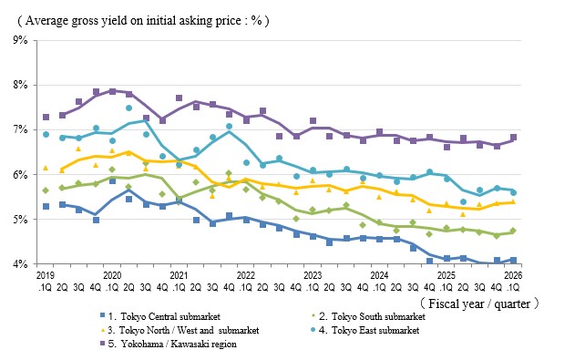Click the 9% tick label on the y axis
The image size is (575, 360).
pos(21,40)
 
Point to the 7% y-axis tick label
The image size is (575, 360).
pos(21,129)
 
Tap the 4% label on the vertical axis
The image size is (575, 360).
pos(21,264)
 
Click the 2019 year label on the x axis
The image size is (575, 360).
pos(45,275)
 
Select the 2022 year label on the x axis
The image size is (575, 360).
pos(246,275)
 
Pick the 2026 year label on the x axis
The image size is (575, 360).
pos(513,275)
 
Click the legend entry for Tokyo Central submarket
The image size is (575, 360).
pos(160,316)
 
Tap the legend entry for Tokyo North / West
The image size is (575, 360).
pos(180,330)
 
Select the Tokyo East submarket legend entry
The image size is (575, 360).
pos(365,330)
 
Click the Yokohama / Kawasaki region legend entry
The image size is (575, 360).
pos(169,344)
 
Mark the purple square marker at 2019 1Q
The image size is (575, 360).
pos(46,118)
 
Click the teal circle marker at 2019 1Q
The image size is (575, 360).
pos(46,135)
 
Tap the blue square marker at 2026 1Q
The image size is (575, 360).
pos(513,261)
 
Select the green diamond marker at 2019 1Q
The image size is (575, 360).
pos(46,190)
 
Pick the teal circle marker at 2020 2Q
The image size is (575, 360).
pos(128,108)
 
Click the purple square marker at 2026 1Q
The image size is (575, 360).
pos(513,137)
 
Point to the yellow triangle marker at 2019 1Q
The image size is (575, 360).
pos(46,168)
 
